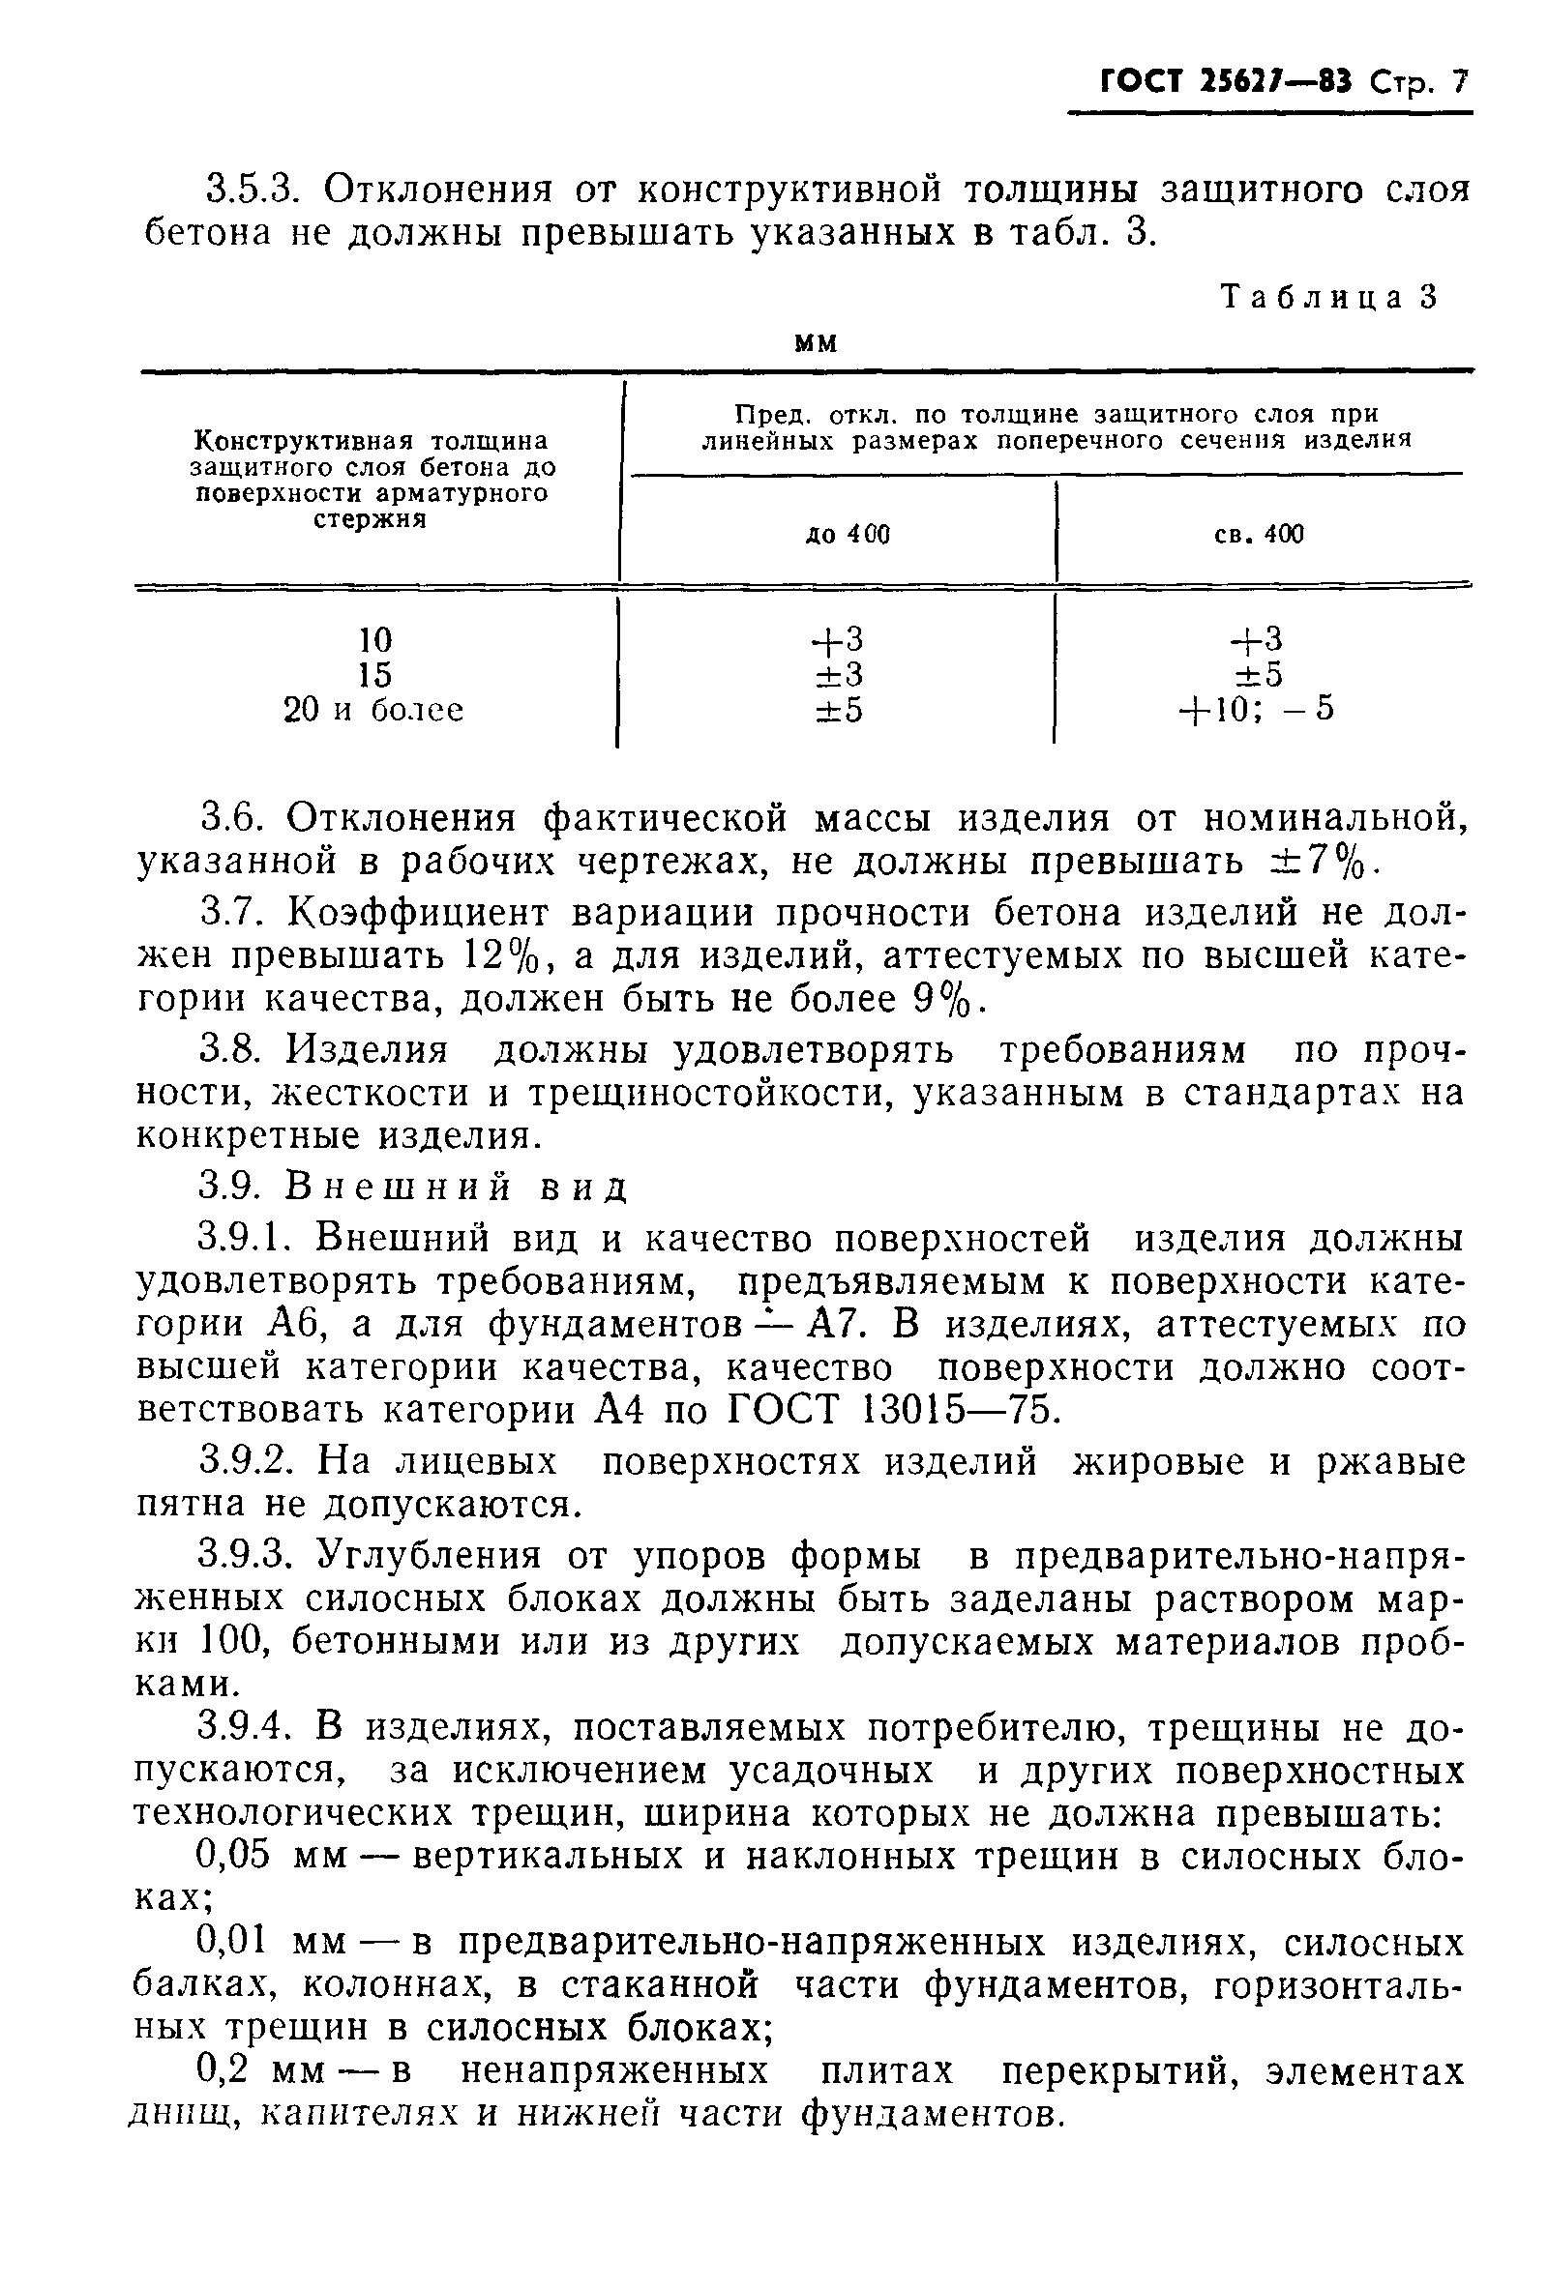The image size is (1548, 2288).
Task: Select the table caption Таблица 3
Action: [1328, 296]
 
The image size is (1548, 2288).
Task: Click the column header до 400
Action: [847, 535]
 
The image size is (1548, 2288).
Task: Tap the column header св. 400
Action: [1259, 535]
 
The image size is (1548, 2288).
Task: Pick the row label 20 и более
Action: [373, 709]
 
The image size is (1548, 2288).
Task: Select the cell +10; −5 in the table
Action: [1258, 709]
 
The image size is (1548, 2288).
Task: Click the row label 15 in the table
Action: [375, 674]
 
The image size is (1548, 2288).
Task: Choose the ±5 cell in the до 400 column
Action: [838, 709]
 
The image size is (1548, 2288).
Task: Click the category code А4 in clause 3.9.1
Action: [619, 1410]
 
